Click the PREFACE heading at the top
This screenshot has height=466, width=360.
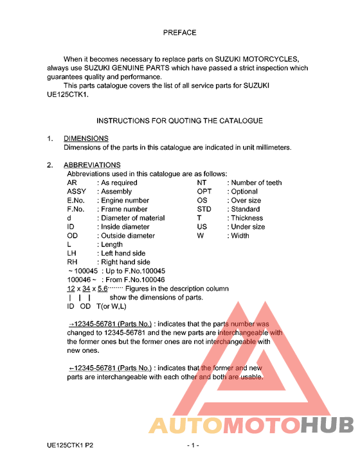179,32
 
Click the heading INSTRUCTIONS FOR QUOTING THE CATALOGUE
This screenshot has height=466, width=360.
179,120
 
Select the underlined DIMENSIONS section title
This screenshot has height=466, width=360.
86,138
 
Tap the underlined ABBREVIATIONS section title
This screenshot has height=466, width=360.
92,165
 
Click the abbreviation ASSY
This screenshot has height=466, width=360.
76,192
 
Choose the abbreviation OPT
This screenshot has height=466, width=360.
204,192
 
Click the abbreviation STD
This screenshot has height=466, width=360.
204,209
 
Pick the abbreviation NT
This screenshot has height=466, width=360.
201,183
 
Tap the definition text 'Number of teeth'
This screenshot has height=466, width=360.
256,183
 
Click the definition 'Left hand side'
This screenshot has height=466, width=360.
123,253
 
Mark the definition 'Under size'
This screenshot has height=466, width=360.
248,227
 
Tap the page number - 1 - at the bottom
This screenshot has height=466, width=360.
193,445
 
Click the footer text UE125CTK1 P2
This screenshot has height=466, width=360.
74,445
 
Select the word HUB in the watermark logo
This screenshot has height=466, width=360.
328,426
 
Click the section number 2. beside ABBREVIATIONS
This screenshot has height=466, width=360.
50,165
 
